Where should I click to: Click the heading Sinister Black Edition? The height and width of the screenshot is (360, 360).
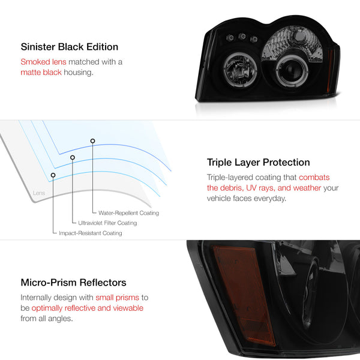tap(70, 47)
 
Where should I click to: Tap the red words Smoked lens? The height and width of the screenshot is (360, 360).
tap(43, 62)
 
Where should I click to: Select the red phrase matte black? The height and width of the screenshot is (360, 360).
tap(41, 73)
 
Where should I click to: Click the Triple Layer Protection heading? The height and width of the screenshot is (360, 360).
tap(258, 163)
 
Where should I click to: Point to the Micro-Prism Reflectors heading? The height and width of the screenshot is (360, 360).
tap(73, 283)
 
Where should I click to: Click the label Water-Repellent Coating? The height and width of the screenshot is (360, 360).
tap(128, 213)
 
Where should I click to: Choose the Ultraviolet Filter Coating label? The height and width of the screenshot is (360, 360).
tap(107, 223)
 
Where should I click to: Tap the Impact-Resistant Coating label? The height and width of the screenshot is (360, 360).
tap(91, 233)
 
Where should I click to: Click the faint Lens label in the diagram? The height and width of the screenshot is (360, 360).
tap(39, 193)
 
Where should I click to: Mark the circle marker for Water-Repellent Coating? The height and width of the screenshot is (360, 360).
tap(92, 141)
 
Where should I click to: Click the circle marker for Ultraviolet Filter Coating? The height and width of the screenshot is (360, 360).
tap(73, 157)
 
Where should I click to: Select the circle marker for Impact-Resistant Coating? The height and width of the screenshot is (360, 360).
tap(53, 175)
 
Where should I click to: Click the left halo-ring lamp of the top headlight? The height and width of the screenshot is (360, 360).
tap(240, 70)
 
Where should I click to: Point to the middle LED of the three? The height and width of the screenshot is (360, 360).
tap(242, 36)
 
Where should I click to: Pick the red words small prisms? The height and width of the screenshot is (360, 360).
tap(118, 298)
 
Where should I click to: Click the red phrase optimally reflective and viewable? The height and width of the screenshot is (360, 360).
tap(88, 308)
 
